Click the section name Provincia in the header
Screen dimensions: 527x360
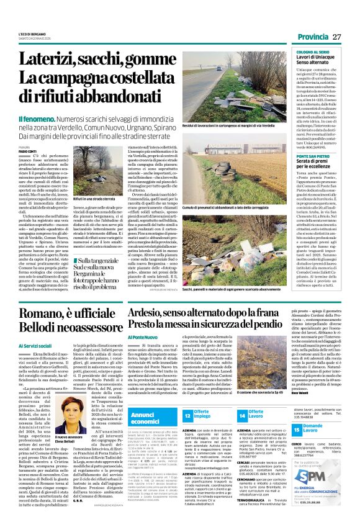[313, 37]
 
